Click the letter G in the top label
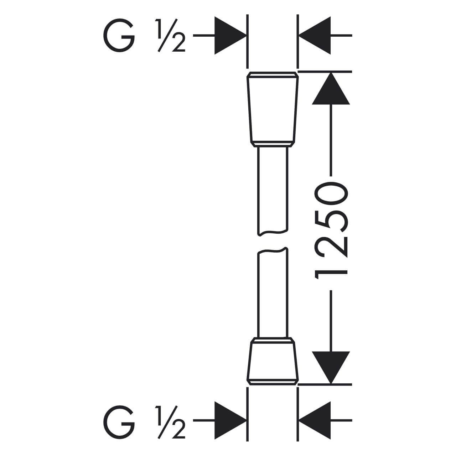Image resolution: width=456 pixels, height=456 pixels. coord(119,36)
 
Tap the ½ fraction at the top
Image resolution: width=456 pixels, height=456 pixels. coord(170,36)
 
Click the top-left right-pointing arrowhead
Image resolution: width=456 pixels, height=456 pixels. coord(230,36)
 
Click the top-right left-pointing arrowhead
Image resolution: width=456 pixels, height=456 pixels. coord(315,36)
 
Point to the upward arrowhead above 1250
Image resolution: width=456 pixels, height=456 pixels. coord(331,88)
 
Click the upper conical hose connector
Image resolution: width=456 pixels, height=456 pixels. coord(273,109)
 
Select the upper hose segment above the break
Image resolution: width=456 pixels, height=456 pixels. coord(273,192)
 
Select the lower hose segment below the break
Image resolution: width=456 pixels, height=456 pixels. coord(273,292)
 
